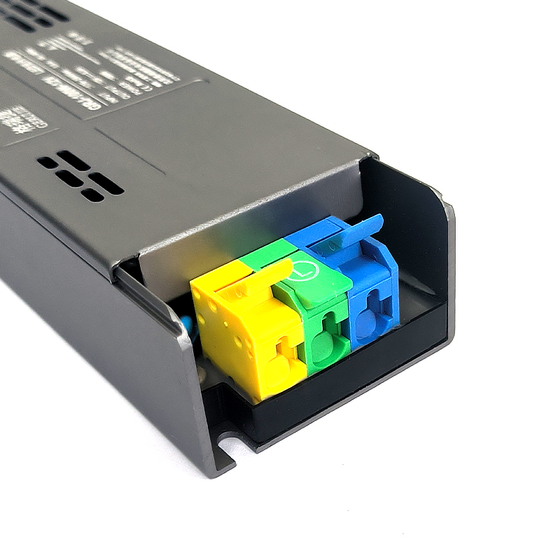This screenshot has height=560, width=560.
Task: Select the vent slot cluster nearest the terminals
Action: pyautogui.click(x=80, y=176)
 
